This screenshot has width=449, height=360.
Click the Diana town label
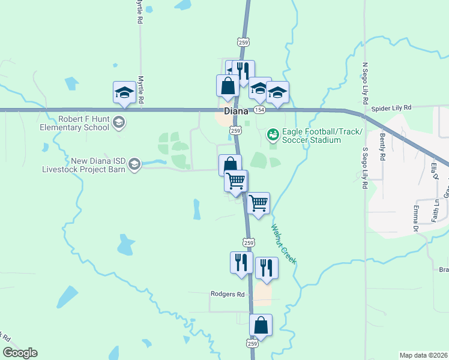(x=236, y=112)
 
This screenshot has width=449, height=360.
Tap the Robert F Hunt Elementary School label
(x=84, y=123)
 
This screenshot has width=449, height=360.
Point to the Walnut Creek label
(x=283, y=244)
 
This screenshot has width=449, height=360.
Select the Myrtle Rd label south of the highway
(x=142, y=91)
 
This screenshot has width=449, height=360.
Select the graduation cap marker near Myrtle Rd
(x=124, y=92)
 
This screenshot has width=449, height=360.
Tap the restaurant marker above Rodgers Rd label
(x=241, y=262)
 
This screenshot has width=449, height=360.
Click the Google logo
(x=20, y=353)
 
